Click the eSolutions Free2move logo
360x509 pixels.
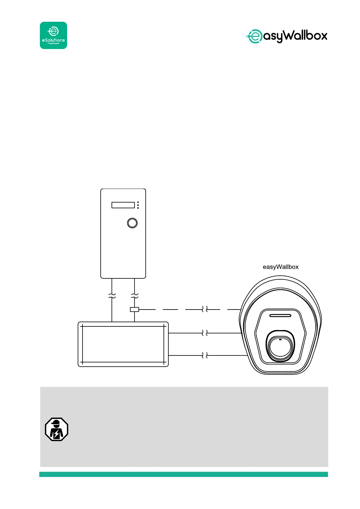click(x=54, y=35)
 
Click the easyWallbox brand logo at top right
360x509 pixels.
click(x=287, y=36)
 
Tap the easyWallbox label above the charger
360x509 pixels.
click(x=281, y=267)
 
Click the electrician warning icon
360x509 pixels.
click(x=57, y=429)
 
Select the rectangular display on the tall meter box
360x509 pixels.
click(x=123, y=205)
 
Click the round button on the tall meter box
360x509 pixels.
click(x=132, y=223)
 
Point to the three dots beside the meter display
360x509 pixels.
click(x=138, y=205)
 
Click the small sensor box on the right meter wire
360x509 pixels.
click(x=134, y=309)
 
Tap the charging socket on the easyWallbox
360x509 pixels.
click(x=280, y=346)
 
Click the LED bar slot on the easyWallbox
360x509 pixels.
click(x=280, y=316)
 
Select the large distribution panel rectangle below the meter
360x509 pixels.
click(x=123, y=344)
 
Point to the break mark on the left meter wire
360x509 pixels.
click(x=112, y=296)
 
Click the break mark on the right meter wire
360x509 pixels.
click(x=135, y=296)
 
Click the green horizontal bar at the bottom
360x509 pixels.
click(x=183, y=474)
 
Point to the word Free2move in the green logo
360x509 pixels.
click(x=53, y=44)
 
